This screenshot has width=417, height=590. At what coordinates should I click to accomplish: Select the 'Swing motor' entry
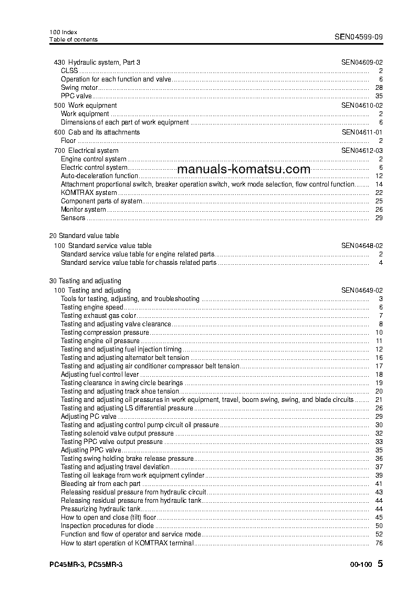(x=79, y=88)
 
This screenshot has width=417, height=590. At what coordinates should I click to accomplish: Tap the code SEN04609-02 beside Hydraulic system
(x=362, y=63)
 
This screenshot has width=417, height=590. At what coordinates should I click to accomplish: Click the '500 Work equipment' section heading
(x=86, y=106)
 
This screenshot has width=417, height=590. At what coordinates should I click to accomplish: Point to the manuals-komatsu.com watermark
(x=244, y=169)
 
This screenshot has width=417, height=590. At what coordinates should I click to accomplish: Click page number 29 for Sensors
(x=379, y=218)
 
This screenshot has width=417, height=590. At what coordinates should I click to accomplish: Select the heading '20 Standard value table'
(x=84, y=236)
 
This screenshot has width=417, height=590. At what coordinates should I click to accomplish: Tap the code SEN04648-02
(x=362, y=246)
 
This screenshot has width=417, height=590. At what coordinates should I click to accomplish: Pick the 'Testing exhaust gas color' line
(x=98, y=316)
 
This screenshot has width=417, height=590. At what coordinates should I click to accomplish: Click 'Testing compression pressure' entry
(x=105, y=333)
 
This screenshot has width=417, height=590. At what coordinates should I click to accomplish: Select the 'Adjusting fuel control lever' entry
(x=100, y=375)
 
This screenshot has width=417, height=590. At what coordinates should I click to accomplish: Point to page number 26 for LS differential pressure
(x=379, y=408)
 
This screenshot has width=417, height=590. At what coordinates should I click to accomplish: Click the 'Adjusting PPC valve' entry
(x=91, y=450)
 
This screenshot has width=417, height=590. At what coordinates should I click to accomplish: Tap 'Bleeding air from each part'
(x=101, y=484)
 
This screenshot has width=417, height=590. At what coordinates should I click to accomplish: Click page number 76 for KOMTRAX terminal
(x=379, y=543)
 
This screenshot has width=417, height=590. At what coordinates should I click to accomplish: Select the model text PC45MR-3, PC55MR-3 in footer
(x=86, y=565)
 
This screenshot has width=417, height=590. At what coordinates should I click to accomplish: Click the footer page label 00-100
(x=360, y=565)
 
